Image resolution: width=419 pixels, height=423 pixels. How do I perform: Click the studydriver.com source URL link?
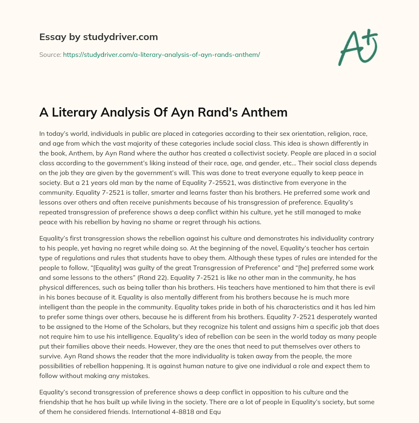(x=161, y=54)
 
